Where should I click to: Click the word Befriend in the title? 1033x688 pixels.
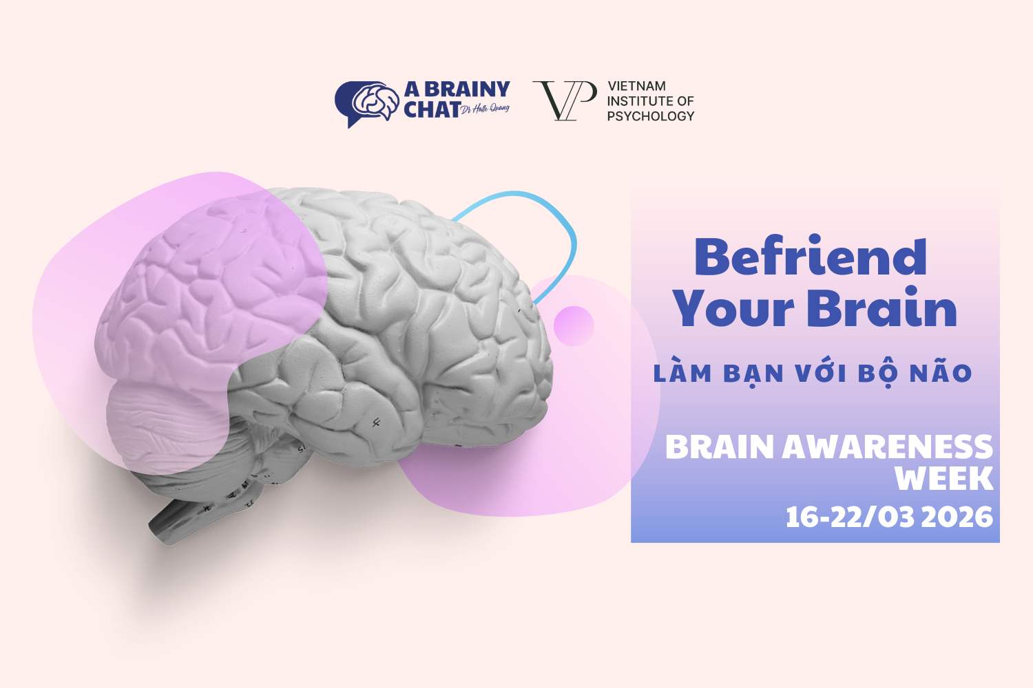tap(811, 257)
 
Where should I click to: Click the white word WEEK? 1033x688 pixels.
tap(943, 479)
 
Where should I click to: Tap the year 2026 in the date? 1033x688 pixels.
tap(957, 517)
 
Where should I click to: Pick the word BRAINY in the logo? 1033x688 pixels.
tap(467, 89)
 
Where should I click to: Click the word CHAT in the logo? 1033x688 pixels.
tap(432, 109)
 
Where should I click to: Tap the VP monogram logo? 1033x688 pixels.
tap(564, 100)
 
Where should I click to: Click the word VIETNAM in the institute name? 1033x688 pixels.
tap(636, 86)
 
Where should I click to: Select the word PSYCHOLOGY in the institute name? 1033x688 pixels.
tap(650, 116)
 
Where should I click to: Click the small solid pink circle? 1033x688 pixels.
tap(573, 325)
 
